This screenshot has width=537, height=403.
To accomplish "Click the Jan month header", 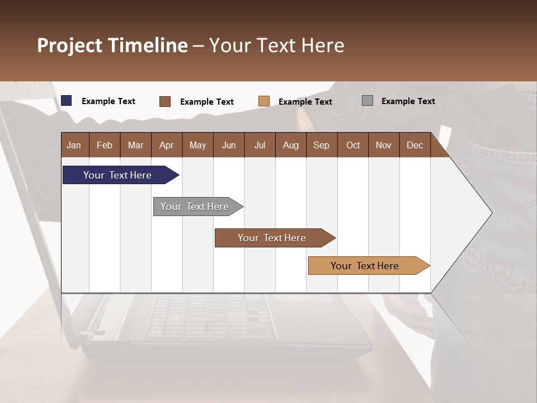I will (x=74, y=145).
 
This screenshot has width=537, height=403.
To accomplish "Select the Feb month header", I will (x=105, y=145).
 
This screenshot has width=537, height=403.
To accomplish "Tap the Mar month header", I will (x=135, y=145).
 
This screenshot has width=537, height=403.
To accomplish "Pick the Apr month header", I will (x=167, y=145).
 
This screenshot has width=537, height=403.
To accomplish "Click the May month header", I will (x=197, y=145).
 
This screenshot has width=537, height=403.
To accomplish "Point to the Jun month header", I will (x=229, y=145).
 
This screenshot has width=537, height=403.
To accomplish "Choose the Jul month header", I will (x=260, y=145).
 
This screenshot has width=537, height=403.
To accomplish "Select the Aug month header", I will (x=291, y=145).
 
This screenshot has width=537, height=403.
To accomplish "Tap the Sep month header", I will (x=322, y=145).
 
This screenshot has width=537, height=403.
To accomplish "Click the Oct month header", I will (x=353, y=145).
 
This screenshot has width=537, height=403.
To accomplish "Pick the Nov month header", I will (x=384, y=145).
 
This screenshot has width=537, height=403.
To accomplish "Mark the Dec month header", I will (x=415, y=145).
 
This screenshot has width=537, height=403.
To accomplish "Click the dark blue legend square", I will (x=67, y=101).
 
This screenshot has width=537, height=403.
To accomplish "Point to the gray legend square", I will (x=368, y=101).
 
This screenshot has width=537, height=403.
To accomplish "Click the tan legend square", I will (x=264, y=101).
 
